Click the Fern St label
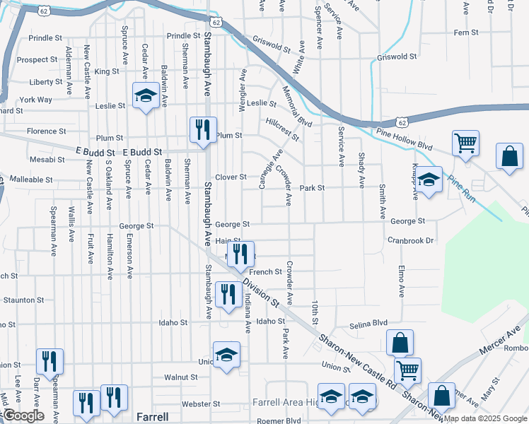466,33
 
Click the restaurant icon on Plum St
203,129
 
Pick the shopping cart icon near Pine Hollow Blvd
465,143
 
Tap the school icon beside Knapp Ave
429,180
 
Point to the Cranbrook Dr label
410,240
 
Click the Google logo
23,416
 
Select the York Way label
35,100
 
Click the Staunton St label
23,300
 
